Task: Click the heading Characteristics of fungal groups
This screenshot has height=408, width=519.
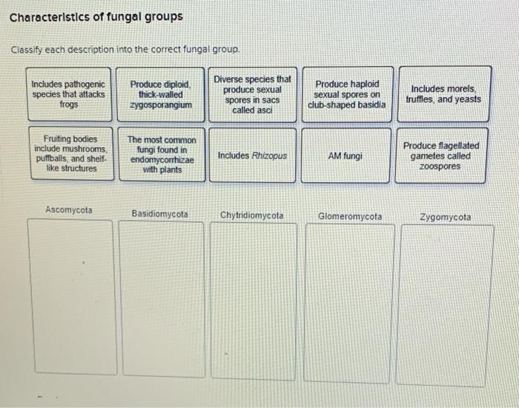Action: [96, 16]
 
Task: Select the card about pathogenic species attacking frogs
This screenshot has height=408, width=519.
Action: [68, 95]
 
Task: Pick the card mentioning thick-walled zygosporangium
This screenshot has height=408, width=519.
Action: [161, 95]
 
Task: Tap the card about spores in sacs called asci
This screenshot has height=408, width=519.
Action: [253, 94]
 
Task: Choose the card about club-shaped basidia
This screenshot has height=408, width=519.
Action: [346, 95]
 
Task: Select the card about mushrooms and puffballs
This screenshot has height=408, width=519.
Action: [70, 154]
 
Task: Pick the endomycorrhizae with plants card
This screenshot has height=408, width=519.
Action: [161, 155]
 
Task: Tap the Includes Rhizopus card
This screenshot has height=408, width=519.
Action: [252, 155]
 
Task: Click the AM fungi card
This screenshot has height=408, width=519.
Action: [346, 156]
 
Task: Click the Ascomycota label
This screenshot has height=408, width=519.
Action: [69, 210]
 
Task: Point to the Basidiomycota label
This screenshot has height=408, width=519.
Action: [159, 214]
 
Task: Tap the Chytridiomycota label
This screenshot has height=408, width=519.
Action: [252, 215]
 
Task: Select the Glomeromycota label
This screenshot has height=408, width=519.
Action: [350, 216]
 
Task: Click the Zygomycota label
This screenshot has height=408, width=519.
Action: [445, 217]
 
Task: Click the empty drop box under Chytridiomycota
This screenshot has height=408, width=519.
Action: [253, 302]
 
